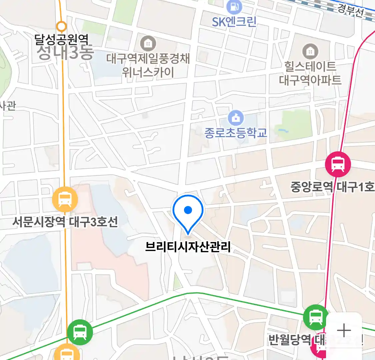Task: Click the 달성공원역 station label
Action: pyautogui.click(x=62, y=40)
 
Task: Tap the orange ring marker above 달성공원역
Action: pyautogui.click(x=62, y=26)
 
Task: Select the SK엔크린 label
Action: pyautogui.click(x=234, y=22)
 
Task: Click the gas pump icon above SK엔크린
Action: pyautogui.click(x=234, y=7)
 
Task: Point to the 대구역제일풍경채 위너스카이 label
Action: pyautogui.click(x=148, y=65)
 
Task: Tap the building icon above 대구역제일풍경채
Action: pyautogui.click(x=148, y=43)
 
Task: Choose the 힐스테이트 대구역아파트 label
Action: pyautogui.click(x=310, y=73)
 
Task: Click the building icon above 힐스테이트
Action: pyautogui.click(x=310, y=51)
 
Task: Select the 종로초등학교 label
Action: pyautogui.click(x=236, y=133)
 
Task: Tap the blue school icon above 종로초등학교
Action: pyautogui.click(x=236, y=118)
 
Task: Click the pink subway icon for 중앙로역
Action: pyautogui.click(x=338, y=164)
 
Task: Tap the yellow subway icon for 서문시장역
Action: pyautogui.click(x=65, y=199)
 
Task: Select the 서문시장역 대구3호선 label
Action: pyautogui.click(x=65, y=222)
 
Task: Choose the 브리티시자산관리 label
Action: pyautogui.click(x=188, y=247)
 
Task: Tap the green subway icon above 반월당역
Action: pyautogui.click(x=316, y=317)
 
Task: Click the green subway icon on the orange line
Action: pyautogui.click(x=80, y=332)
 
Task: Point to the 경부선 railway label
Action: pyautogui.click(x=350, y=11)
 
